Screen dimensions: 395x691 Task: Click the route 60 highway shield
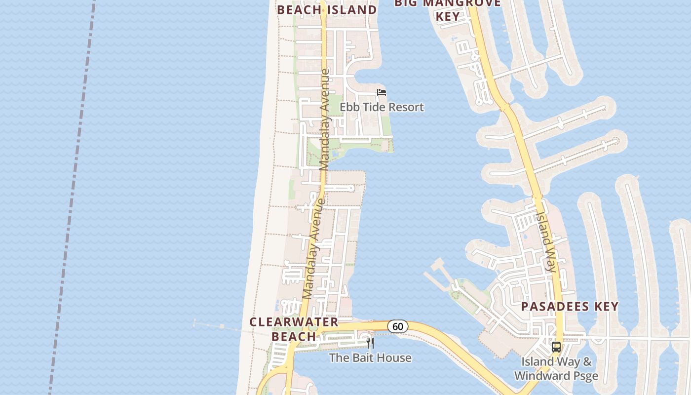(x=398, y=326)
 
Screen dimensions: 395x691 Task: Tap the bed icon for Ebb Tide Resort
(x=381, y=92)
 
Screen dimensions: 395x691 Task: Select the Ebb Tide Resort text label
(x=382, y=107)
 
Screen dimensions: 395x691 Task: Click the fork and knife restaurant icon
(x=370, y=343)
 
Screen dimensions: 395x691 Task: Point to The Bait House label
(x=370, y=357)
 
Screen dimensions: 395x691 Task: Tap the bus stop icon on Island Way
(x=556, y=347)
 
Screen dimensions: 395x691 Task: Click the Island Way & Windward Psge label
(x=556, y=368)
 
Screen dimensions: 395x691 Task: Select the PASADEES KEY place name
(x=570, y=306)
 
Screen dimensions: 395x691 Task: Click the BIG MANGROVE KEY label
(x=448, y=9)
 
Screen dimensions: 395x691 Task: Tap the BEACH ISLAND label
(x=327, y=10)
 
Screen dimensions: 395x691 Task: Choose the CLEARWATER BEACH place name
(x=294, y=329)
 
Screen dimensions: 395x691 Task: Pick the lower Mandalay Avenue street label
(x=312, y=249)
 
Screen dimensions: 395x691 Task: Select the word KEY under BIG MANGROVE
(x=448, y=16)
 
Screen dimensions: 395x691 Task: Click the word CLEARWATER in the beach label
(x=294, y=322)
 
